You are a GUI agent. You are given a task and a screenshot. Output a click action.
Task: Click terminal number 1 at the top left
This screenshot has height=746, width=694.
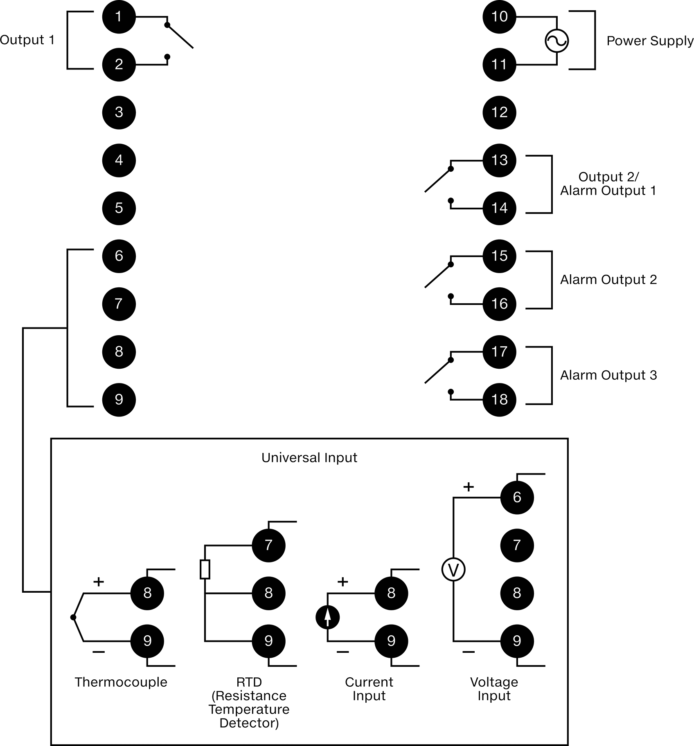tap(119, 17)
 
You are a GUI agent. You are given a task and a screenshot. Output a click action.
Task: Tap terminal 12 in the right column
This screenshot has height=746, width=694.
tap(499, 112)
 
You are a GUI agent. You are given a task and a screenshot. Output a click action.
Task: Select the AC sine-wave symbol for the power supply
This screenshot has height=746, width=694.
tap(557, 41)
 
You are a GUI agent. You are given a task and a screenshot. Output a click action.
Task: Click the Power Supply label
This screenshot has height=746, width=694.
tap(650, 41)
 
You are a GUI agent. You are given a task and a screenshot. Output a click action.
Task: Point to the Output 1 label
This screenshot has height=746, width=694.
tap(27, 40)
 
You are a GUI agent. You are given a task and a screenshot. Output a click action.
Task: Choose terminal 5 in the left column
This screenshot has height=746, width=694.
tap(119, 208)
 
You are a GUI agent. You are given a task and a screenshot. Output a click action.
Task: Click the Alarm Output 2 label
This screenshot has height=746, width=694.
tap(608, 280)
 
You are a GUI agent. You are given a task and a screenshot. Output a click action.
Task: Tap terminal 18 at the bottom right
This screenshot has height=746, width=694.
tap(499, 399)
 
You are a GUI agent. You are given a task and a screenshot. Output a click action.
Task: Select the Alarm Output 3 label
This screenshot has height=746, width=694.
tap(608, 375)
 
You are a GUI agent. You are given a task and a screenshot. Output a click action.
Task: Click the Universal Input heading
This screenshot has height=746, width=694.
tap(309, 457)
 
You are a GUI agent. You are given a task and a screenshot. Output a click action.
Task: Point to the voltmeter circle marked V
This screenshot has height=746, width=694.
tap(453, 570)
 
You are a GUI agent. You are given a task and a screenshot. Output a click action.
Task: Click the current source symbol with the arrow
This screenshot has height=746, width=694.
tap(328, 617)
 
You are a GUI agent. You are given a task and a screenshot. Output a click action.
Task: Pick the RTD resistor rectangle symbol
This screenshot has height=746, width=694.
tap(205, 569)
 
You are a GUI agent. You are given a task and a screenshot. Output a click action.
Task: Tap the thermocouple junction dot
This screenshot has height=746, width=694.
tap(73, 617)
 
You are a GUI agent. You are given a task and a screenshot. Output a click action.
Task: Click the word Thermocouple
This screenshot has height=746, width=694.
tap(121, 682)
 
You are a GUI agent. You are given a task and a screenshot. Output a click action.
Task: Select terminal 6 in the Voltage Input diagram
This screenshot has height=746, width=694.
tap(517, 497)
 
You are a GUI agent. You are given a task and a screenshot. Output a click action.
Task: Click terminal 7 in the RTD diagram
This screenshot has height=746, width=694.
tap(268, 545)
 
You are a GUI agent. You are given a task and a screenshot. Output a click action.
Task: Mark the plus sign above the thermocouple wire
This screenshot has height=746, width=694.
tap(98, 582)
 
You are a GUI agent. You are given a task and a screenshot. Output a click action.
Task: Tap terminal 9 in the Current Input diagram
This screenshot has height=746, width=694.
tap(391, 641)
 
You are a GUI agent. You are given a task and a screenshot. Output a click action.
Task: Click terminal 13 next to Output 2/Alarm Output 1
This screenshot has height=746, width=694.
tap(499, 160)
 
